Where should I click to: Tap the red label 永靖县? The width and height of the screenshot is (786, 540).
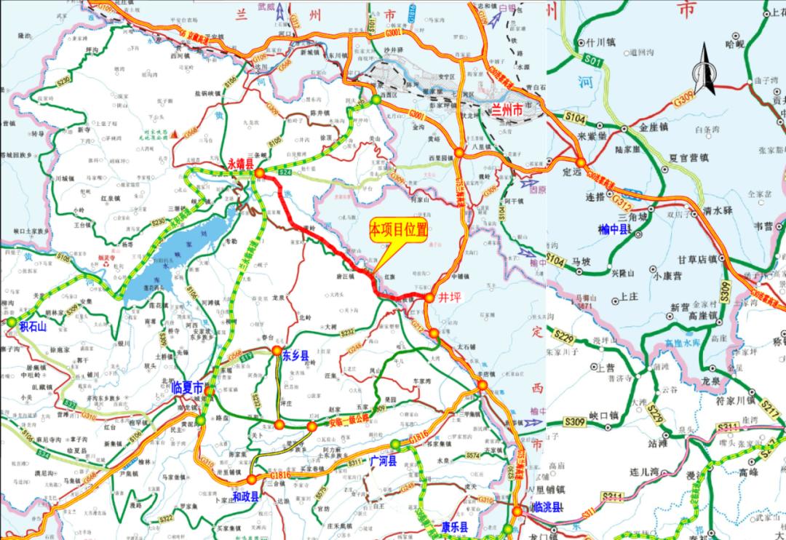click(240, 165)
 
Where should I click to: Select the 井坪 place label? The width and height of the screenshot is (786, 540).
click(451, 298)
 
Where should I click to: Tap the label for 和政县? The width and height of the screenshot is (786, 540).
click(245, 496)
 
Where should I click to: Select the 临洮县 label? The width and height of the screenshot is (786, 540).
click(547, 507)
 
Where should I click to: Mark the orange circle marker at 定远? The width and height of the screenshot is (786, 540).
click(580, 163)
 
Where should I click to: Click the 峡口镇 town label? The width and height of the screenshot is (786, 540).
click(603, 415)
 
